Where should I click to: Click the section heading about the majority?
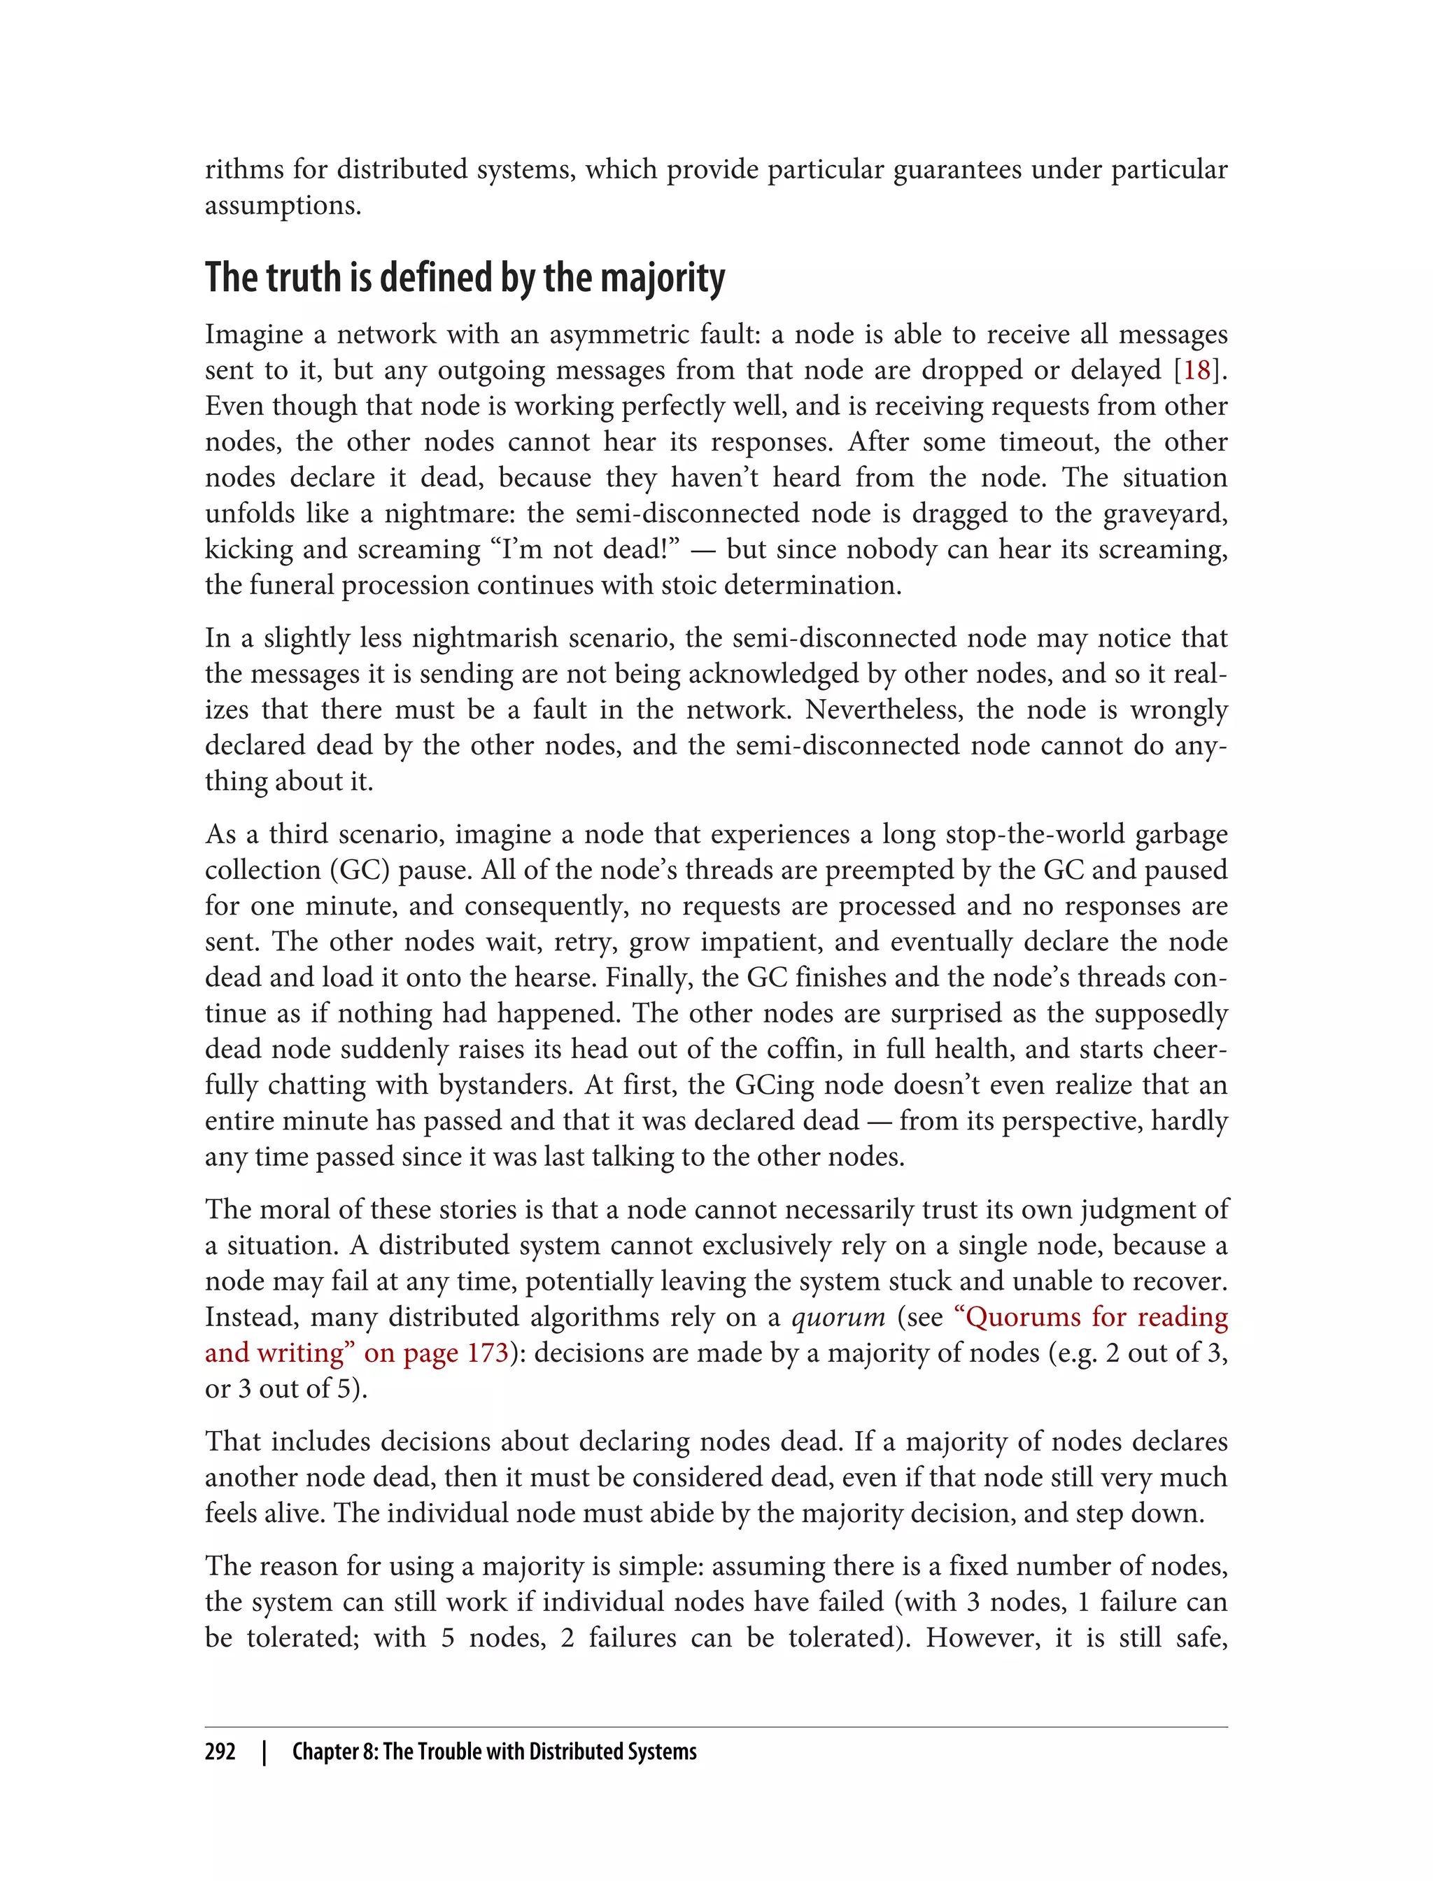tap(465, 278)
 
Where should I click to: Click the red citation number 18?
tap(1196, 370)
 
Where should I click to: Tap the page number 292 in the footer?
tap(220, 1752)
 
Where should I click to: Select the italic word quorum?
tap(838, 1317)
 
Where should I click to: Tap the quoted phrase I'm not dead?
tap(585, 549)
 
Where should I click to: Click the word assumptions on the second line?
tap(283, 206)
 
